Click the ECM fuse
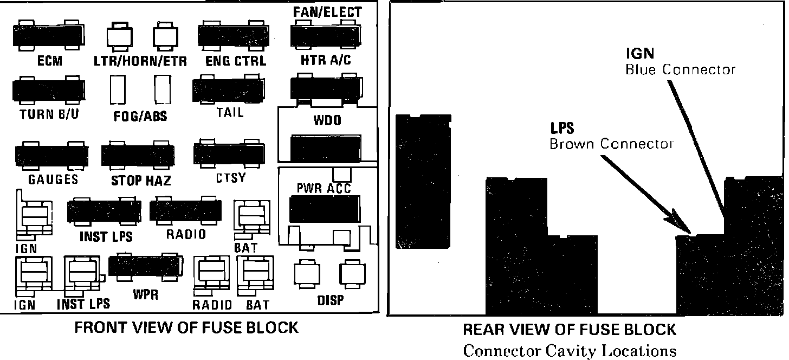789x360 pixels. [48, 37]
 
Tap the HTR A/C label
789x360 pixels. [326, 60]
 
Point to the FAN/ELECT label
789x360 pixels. [327, 11]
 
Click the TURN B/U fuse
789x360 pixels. [48, 90]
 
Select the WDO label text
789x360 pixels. [327, 120]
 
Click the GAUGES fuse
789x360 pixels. [51, 156]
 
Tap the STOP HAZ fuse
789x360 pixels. [138, 156]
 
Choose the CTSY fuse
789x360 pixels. [229, 155]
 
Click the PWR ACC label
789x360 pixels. [324, 188]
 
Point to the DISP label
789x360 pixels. [329, 299]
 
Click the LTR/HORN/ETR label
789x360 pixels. [140, 61]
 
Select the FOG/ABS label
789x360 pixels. [140, 116]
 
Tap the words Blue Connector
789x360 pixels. [681, 70]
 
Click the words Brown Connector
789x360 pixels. [611, 144]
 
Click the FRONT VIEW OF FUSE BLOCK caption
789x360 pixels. [186, 327]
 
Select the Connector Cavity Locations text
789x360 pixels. [570, 350]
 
